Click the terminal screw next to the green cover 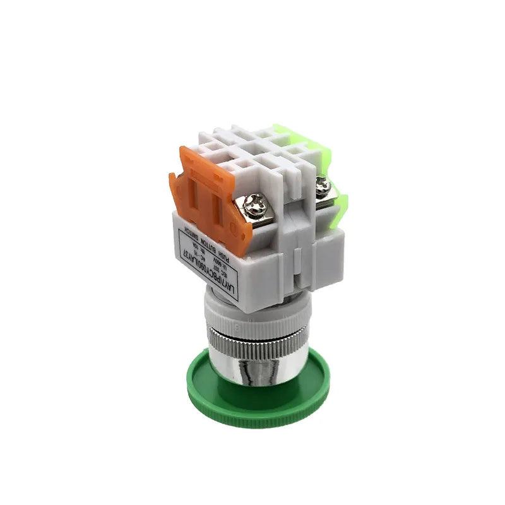tap(323, 186)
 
